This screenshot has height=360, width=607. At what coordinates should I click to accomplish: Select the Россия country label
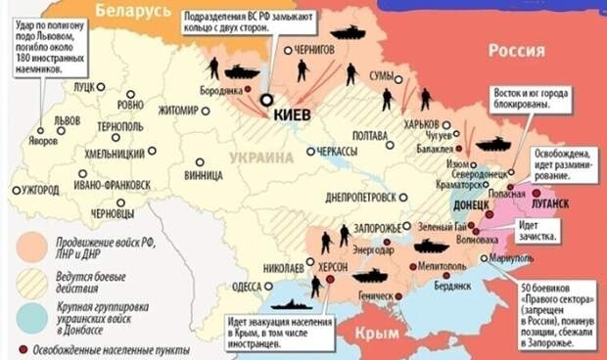tap(517, 51)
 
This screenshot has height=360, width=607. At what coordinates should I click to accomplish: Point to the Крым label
tap(376, 332)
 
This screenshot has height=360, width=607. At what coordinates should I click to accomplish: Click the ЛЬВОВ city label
tap(68, 119)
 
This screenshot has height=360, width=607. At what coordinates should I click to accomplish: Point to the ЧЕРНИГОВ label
tap(316, 49)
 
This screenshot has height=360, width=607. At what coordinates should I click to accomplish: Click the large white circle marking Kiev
tap(265, 99)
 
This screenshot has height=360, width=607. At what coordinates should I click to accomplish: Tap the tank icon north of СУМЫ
tap(347, 32)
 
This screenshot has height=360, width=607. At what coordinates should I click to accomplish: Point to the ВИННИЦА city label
tap(203, 176)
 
